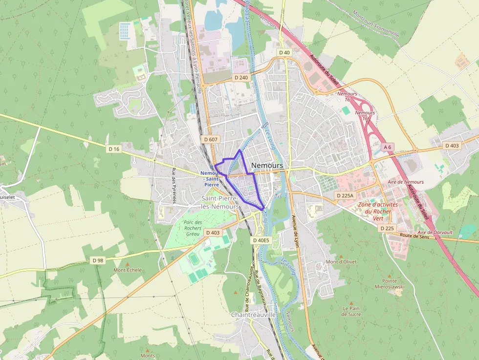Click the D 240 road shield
point(241,78)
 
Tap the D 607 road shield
point(211,140)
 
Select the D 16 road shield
point(114,148)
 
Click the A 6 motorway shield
point(388,147)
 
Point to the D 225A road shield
point(345,195)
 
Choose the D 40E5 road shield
point(261,240)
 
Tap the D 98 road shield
point(98,260)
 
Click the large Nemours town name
point(267,166)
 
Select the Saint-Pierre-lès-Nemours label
point(220,202)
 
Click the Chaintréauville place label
point(253,315)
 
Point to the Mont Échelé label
point(128,270)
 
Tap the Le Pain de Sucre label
point(352,311)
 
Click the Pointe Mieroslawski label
point(390,284)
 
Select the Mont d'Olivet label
point(341,262)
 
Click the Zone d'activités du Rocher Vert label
point(378,212)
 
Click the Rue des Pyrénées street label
point(174,186)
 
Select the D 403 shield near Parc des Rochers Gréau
point(213,233)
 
